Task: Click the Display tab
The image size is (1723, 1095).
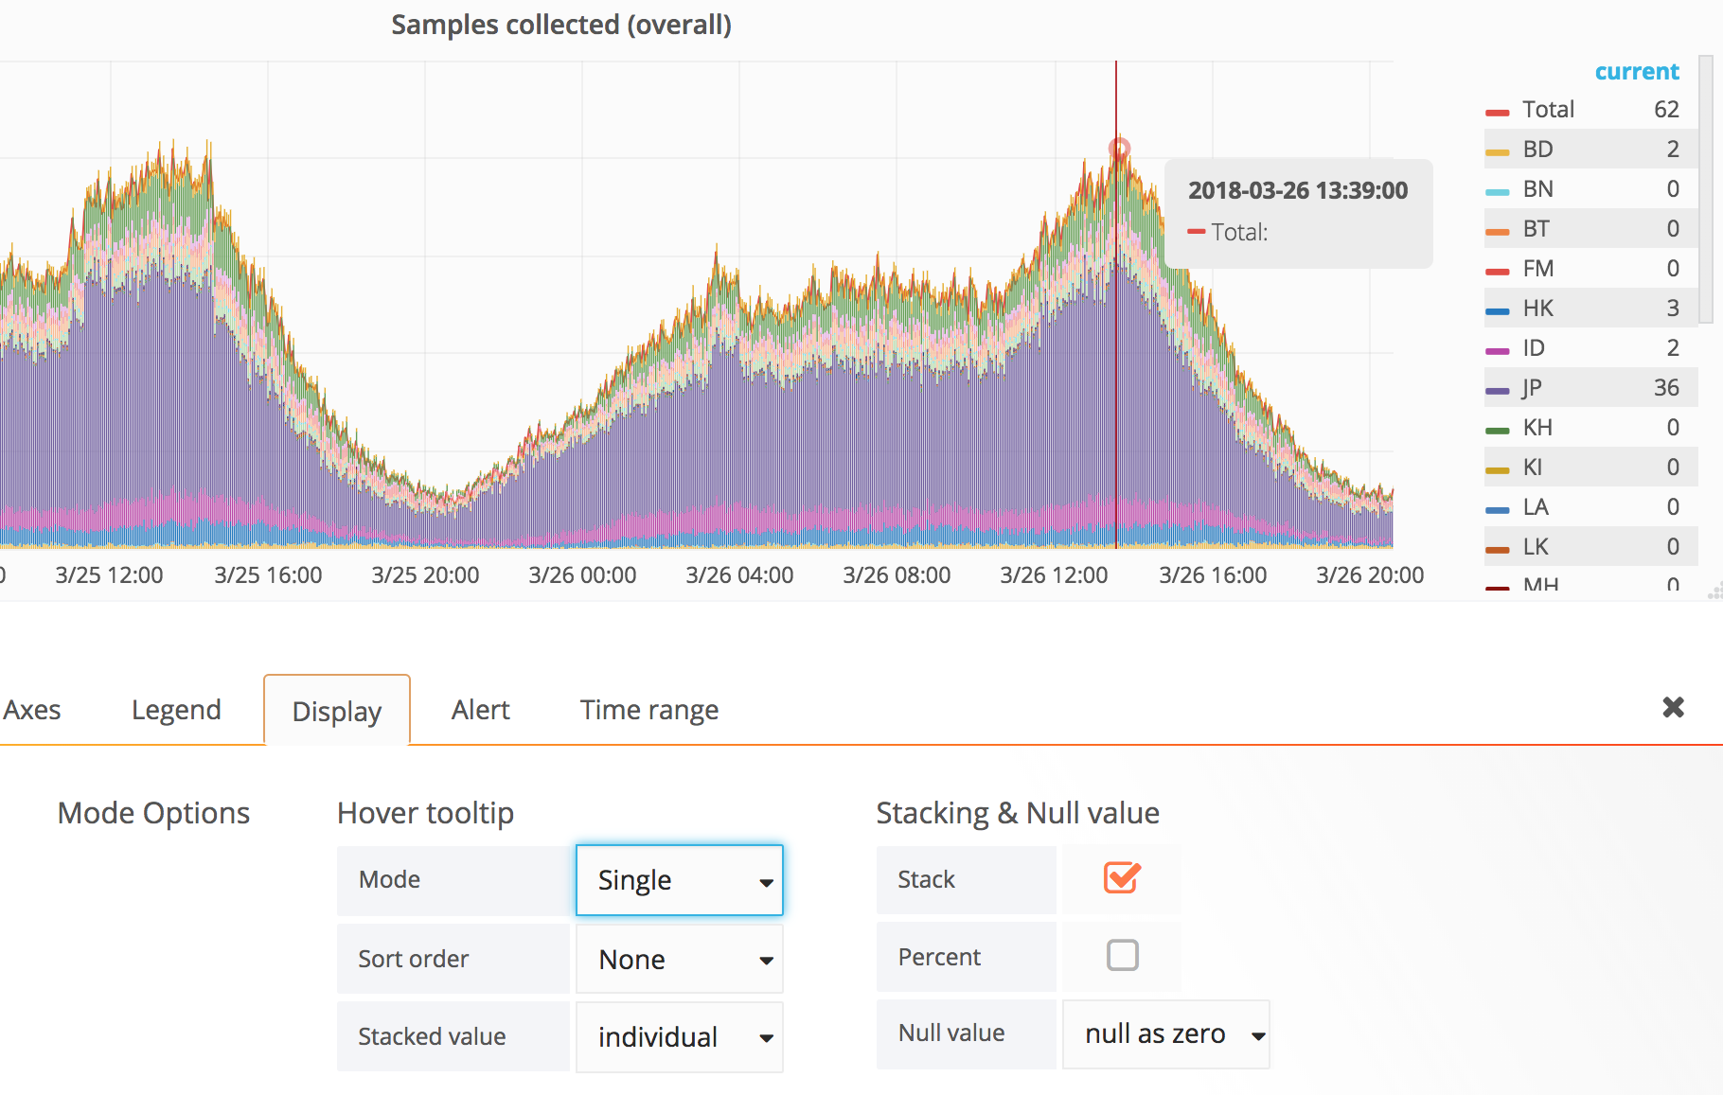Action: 336,711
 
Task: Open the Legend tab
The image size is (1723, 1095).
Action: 176,710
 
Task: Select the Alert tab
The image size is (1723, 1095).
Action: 480,710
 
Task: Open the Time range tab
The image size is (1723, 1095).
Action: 648,710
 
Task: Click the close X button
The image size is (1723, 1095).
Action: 1673,707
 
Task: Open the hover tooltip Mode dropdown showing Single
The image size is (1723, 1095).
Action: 680,880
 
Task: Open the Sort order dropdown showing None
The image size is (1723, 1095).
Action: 680,960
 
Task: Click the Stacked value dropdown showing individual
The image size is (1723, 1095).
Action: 680,1037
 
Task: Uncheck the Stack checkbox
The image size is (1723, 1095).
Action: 1122,878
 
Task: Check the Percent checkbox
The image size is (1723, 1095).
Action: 1122,956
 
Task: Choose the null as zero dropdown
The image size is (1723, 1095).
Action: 1165,1034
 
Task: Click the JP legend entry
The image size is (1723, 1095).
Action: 1532,388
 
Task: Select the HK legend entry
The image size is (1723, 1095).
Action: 1537,309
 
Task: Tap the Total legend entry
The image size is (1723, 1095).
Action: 1548,110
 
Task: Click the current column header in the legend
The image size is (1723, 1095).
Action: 1636,72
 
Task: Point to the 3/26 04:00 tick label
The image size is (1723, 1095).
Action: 739,575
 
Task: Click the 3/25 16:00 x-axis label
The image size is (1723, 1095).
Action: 268,575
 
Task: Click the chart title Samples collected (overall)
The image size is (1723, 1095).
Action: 561,25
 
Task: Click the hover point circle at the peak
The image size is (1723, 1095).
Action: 1119,149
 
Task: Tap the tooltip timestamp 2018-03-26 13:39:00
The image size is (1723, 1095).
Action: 1298,190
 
